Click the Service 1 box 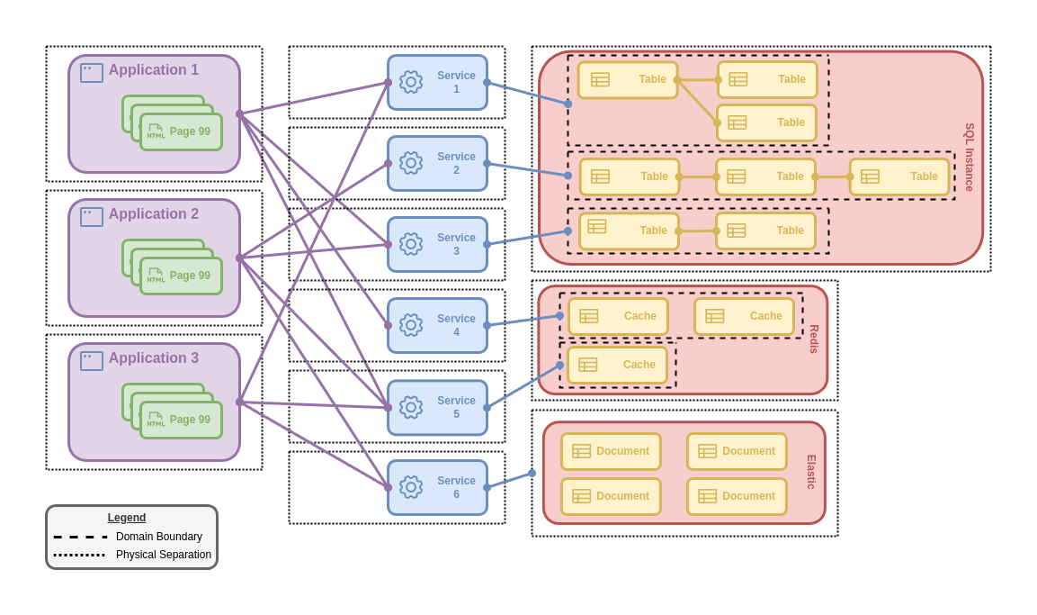(438, 82)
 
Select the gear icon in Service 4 (411, 325)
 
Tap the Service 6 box (438, 487)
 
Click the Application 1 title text (154, 70)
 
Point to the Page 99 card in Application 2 (182, 276)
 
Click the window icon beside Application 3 (92, 361)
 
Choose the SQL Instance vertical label (970, 158)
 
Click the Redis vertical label (814, 339)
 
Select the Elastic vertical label (811, 472)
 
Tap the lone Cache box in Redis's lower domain (618, 365)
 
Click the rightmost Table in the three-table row (899, 176)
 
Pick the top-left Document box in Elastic (611, 451)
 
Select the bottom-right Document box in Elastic (737, 496)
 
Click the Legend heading (127, 518)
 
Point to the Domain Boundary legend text (159, 537)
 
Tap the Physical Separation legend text (164, 555)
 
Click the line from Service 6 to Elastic (510, 480)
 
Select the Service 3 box (438, 244)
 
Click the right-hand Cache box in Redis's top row (745, 316)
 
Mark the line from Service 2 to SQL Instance (528, 169)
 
